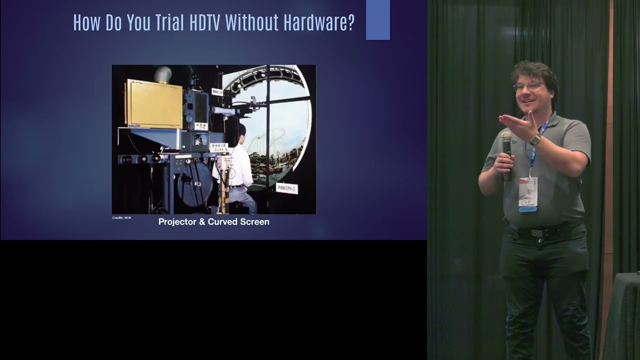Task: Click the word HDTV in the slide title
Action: click(204, 22)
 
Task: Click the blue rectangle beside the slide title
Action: click(377, 20)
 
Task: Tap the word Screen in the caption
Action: click(255, 221)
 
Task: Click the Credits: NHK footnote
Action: click(121, 218)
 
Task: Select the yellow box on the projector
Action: click(153, 104)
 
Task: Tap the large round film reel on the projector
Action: click(195, 183)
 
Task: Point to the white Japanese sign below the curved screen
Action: click(286, 188)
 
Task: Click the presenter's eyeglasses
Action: click(528, 86)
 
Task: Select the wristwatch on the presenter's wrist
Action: click(535, 140)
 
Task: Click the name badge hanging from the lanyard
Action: click(527, 194)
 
